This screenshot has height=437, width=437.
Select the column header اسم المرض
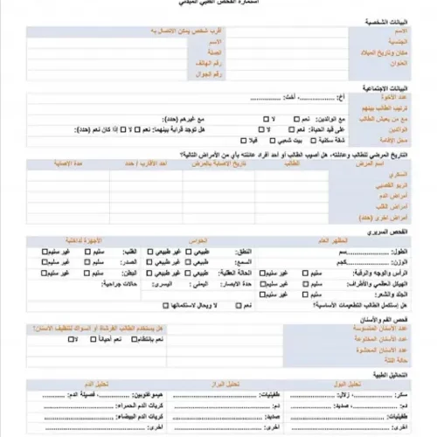click(x=389, y=163)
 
